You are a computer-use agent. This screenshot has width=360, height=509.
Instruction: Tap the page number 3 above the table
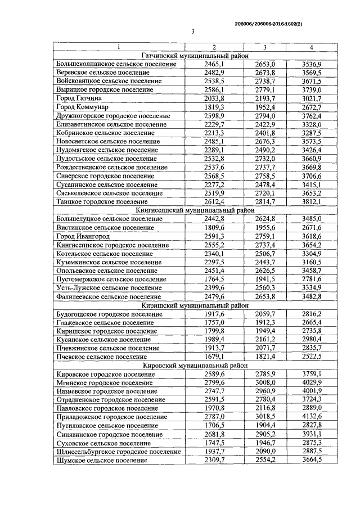click(x=192, y=31)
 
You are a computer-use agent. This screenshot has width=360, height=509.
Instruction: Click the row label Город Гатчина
click(x=78, y=98)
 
